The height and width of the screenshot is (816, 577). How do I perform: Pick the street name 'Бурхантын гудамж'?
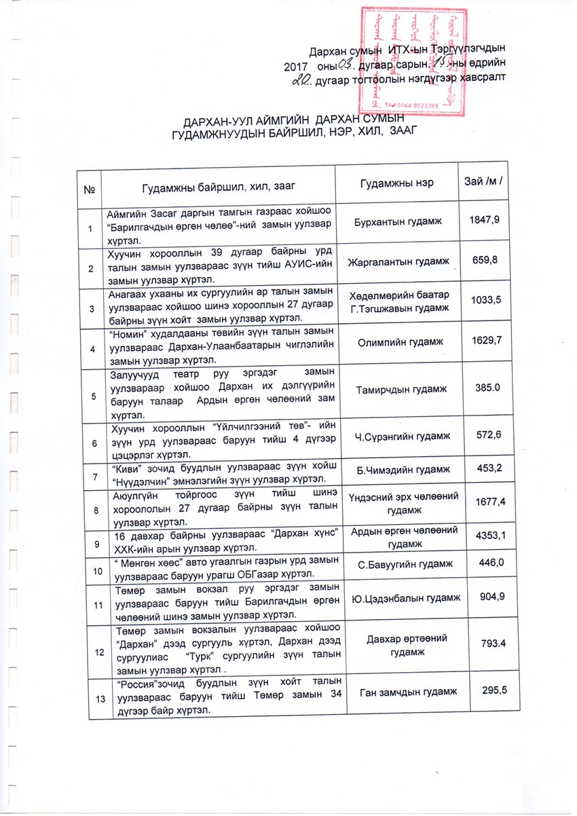coord(399,222)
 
